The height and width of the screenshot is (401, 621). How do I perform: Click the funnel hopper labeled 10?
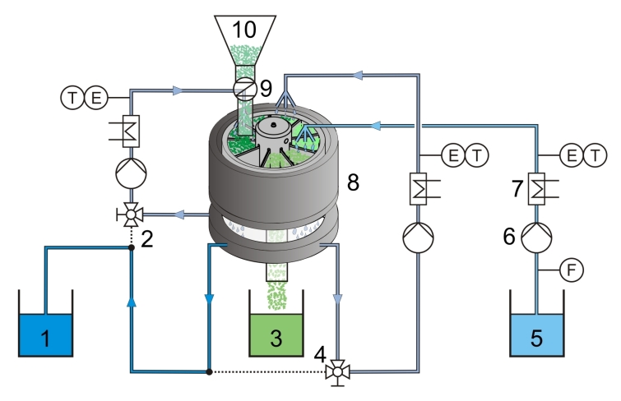[245, 40]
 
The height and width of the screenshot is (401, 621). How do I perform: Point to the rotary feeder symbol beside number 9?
[244, 89]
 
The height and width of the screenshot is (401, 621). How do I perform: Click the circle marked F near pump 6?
[572, 270]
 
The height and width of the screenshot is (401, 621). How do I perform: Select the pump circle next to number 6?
[536, 237]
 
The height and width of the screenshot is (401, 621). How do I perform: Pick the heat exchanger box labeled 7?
[536, 189]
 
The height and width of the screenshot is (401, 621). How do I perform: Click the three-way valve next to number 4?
[337, 372]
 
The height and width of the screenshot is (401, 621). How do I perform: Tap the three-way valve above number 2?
[130, 215]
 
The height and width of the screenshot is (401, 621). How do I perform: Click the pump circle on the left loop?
[131, 173]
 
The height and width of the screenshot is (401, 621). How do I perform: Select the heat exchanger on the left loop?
[131, 131]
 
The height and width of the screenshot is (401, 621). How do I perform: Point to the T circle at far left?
[72, 98]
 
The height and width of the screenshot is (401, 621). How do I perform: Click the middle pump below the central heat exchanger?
[418, 237]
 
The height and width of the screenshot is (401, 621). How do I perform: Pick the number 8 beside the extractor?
[353, 182]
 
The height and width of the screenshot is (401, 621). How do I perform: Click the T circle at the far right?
[596, 155]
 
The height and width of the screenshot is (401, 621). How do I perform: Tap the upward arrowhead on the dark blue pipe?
[131, 302]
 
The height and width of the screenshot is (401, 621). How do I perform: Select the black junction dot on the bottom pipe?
[210, 371]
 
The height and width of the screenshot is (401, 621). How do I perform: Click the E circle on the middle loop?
[453, 155]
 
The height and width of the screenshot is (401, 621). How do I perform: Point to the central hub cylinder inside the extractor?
[273, 134]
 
